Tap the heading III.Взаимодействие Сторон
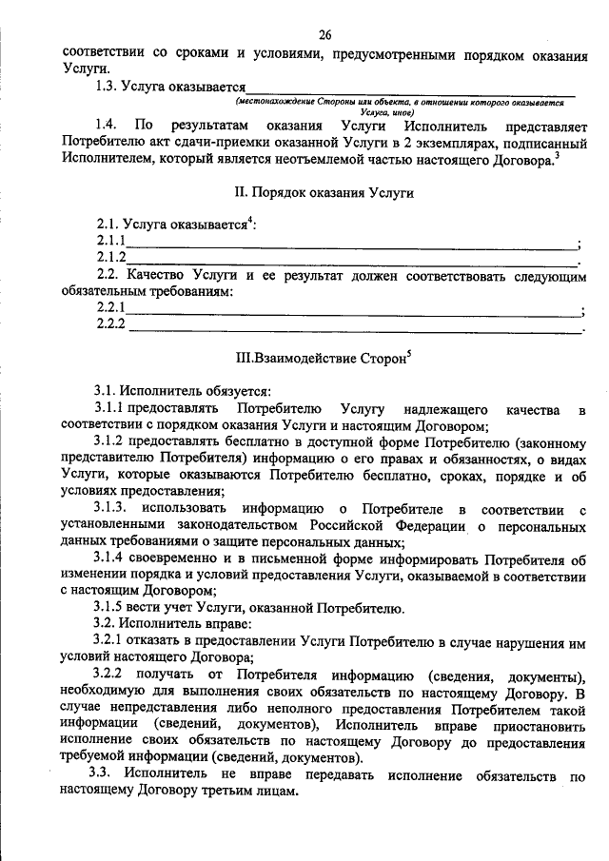pos(321,360)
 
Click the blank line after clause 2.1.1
pos(352,245)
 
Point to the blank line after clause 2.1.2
pos(352,261)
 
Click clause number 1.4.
pos(107,126)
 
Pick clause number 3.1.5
pos(111,609)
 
